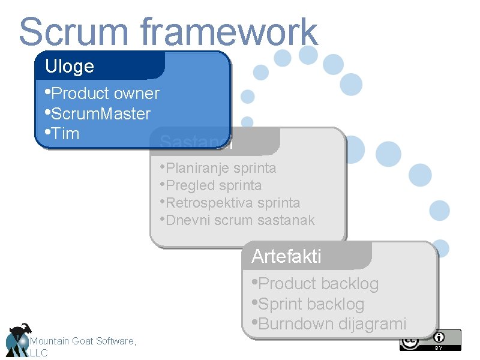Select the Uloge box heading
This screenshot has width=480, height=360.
pyautogui.click(x=70, y=66)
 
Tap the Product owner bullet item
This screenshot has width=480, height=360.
pyautogui.click(x=102, y=94)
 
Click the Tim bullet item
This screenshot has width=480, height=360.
pyautogui.click(x=62, y=133)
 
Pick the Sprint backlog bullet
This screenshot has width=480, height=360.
pyautogui.click(x=308, y=304)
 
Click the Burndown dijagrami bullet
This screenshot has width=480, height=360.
pyautogui.click(x=329, y=324)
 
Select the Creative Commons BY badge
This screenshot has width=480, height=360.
pyautogui.click(x=431, y=340)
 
